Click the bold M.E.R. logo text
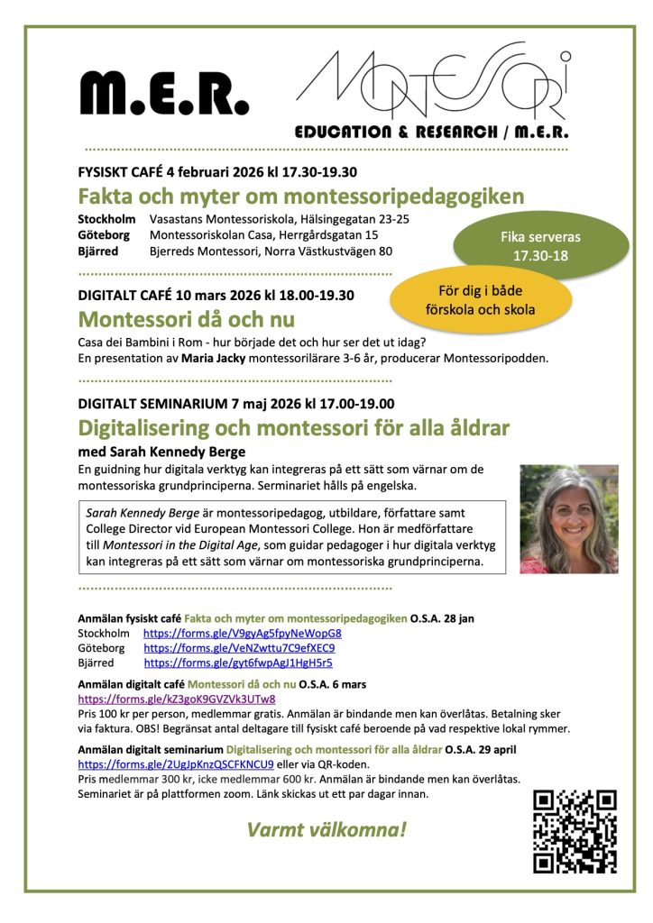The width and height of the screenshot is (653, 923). click(x=163, y=92)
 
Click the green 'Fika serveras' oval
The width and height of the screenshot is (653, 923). click(x=540, y=247)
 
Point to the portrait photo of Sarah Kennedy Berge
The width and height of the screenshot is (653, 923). click(x=568, y=519)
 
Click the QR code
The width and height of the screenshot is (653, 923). click(x=574, y=830)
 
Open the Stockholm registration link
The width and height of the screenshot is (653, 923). click(x=242, y=634)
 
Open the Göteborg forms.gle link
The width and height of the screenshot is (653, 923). click(x=239, y=648)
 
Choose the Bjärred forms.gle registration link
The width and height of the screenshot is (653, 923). click(x=238, y=663)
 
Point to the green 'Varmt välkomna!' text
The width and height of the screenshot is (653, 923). click(x=326, y=828)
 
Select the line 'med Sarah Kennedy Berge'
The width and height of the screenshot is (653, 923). click(x=162, y=452)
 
